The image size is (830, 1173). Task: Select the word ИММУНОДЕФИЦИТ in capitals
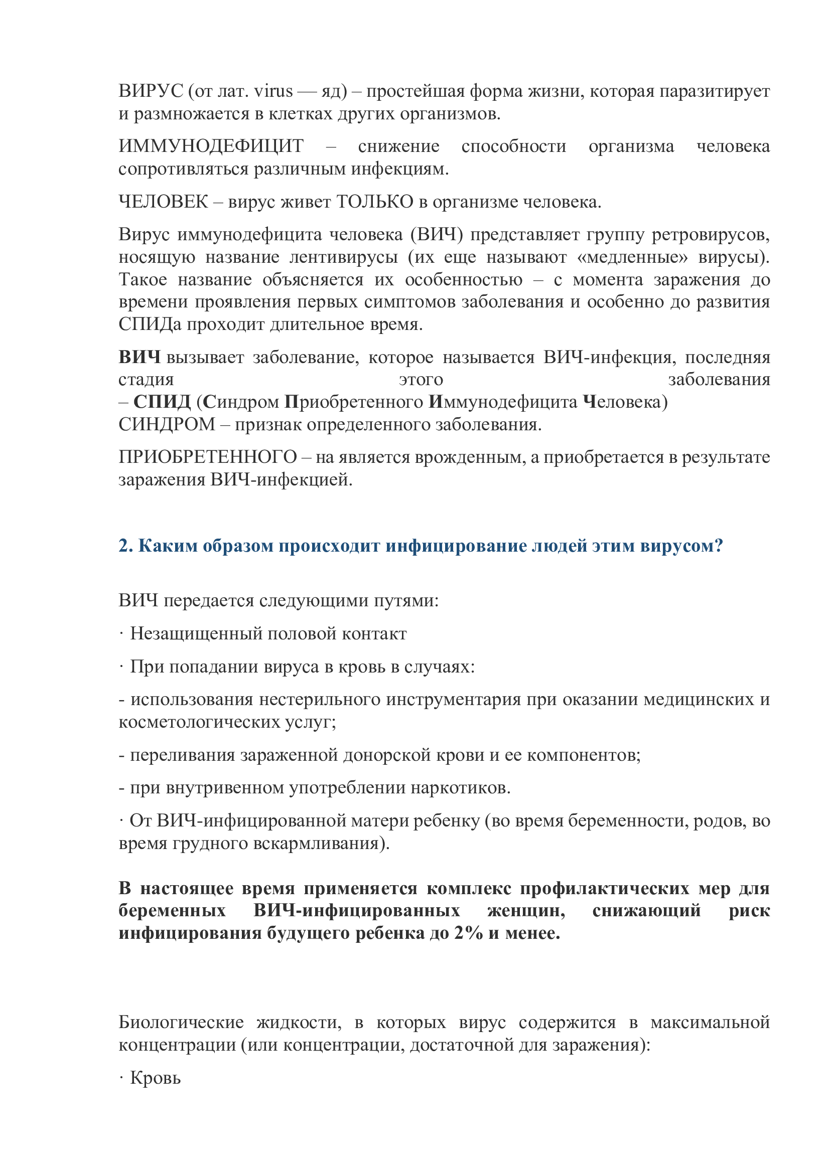point(211,146)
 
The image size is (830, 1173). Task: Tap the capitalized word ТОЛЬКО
point(375,202)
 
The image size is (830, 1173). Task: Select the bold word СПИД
point(162,402)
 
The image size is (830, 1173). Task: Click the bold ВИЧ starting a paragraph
point(139,357)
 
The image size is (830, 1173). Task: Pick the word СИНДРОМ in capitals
point(167,425)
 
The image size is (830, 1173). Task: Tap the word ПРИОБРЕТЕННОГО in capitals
point(208,457)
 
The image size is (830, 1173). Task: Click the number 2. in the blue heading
point(126,546)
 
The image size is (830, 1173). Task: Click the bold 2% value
point(469,933)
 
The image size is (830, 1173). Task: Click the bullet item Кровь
point(155,1078)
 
